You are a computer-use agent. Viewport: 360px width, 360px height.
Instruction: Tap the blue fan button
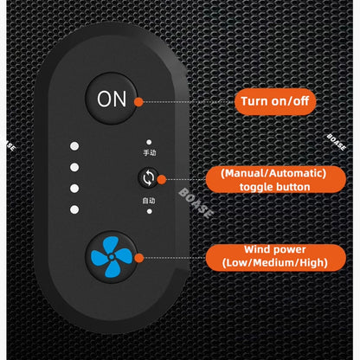112,257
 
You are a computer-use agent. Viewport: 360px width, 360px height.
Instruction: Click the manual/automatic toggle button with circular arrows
148,177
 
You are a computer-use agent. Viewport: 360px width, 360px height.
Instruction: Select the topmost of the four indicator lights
74,146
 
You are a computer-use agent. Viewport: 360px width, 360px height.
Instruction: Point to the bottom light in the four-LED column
74,209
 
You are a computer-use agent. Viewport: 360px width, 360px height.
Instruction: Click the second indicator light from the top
74,167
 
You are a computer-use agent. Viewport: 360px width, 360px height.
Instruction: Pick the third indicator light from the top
74,189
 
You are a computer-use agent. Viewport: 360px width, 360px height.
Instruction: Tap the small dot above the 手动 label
149,142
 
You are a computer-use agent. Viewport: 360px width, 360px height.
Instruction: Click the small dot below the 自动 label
150,211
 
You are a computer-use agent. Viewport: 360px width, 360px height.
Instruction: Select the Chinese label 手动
150,152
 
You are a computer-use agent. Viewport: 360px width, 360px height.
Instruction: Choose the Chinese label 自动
149,201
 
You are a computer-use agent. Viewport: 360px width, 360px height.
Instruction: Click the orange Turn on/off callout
275,101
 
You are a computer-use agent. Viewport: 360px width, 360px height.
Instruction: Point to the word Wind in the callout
256,249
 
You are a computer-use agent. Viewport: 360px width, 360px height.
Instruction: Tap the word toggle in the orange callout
255,187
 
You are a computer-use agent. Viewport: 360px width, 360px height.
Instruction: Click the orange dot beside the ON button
138,102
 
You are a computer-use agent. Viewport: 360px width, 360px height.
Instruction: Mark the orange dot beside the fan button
139,258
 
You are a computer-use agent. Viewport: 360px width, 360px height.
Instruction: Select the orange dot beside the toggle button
162,179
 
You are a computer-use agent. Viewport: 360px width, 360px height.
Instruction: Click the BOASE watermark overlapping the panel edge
196,203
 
